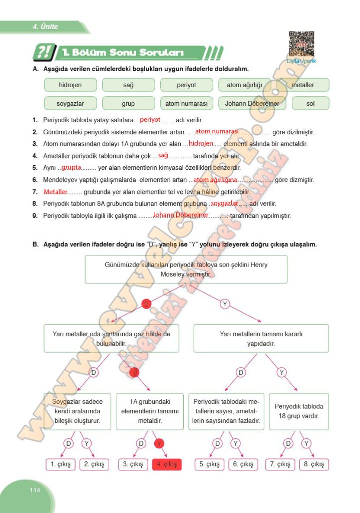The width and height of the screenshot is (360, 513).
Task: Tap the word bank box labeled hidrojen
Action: pos(70,85)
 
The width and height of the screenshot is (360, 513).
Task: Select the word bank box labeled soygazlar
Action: pos(70,104)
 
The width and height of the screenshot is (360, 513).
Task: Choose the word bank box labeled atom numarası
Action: pos(186,104)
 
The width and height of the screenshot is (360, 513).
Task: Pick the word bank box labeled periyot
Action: pos(186,85)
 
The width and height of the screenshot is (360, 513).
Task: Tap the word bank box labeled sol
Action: pos(310,104)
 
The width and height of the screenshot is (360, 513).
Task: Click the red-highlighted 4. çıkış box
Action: pos(167,464)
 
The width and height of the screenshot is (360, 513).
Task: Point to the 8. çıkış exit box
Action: pos(314,464)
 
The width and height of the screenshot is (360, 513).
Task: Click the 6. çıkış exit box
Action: pos(243,464)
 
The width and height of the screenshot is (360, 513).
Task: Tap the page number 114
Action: pos(35,490)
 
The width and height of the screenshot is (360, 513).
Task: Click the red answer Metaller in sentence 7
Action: pos(55,192)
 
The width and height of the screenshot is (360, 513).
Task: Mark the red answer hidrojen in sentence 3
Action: pos(201,143)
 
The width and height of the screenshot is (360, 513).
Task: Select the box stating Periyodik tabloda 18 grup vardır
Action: pos(299,411)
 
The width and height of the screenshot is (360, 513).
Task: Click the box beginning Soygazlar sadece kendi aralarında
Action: pos(77,411)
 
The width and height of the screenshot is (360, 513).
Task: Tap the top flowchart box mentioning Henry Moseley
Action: pos(186,270)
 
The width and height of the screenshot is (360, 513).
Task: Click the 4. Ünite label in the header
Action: pos(46,27)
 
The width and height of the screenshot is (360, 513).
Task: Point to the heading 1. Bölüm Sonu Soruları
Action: pos(123,53)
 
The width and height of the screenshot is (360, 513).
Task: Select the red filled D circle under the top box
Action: pos(146,304)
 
